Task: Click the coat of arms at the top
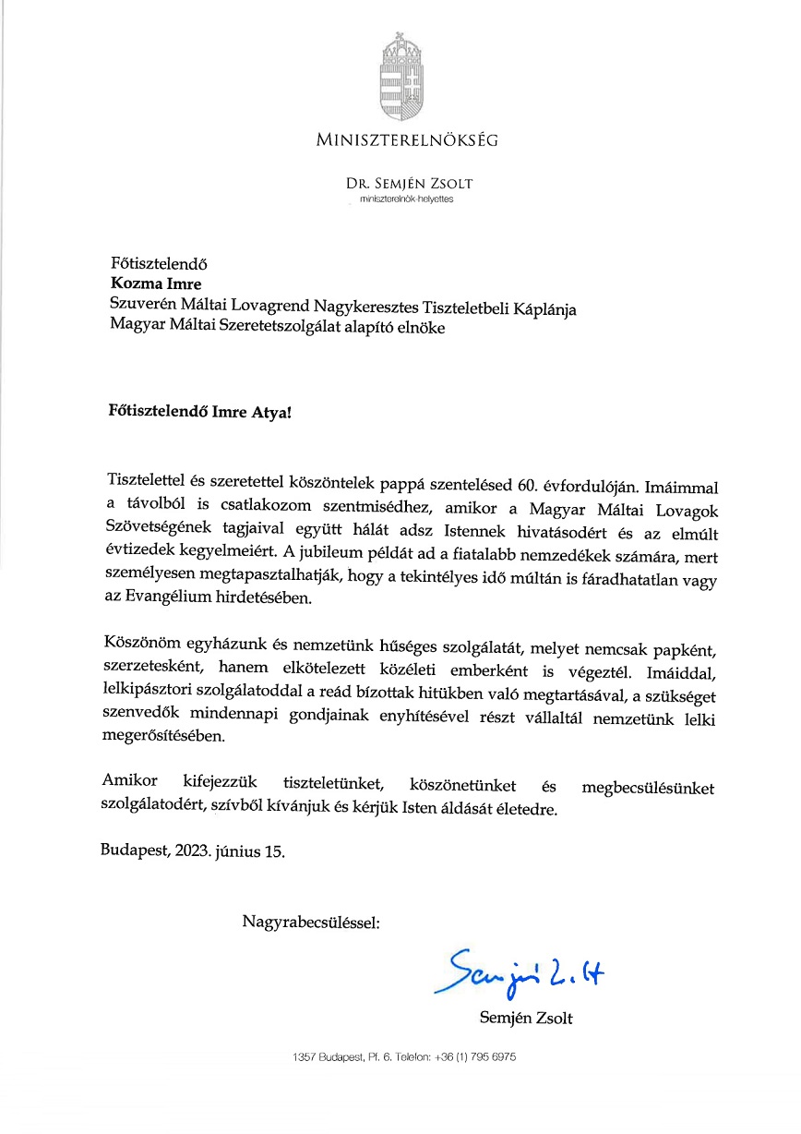[400, 74]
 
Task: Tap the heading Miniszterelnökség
[407, 140]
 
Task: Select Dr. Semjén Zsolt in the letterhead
[409, 184]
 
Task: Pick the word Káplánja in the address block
[544, 309]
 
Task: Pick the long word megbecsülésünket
[648, 788]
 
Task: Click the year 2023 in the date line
[191, 851]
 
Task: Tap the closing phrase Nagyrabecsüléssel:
[310, 921]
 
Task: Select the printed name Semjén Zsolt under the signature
[526, 1019]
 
